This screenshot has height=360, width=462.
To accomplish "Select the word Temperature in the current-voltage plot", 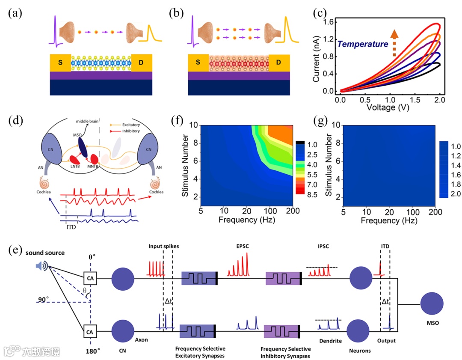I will (x=363, y=44).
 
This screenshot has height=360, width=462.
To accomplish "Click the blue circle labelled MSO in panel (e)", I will (x=435, y=304).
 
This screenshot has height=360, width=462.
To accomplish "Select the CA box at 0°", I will (x=90, y=279).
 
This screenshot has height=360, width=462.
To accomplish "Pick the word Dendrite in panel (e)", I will (x=329, y=340).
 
